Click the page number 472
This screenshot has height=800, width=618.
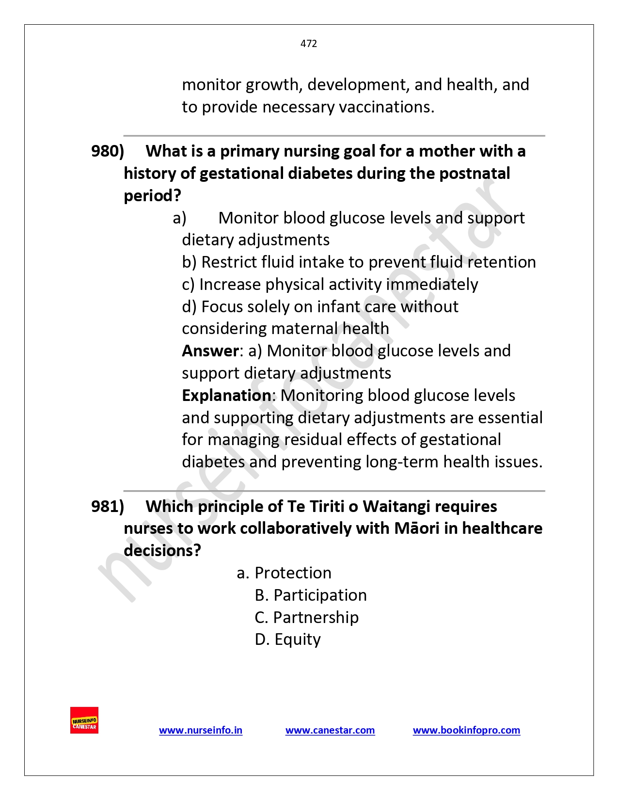pos(309,44)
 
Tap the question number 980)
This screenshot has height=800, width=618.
pos(108,151)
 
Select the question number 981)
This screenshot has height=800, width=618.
pos(108,507)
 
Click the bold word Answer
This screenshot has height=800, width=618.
pos(210,351)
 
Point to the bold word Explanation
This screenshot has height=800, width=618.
pos(226,396)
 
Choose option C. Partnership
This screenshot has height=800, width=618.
pos(307,617)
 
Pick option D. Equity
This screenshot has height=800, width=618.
pos(288,640)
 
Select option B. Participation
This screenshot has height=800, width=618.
pos(311,595)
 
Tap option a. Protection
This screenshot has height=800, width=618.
pos(284,573)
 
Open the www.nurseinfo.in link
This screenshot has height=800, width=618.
pos(201,730)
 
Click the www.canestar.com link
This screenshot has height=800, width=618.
pos(330,730)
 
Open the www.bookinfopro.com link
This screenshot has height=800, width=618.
pos(466,730)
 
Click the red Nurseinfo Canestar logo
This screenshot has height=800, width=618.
pos(84,720)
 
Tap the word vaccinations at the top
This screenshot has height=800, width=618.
pos(385,107)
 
